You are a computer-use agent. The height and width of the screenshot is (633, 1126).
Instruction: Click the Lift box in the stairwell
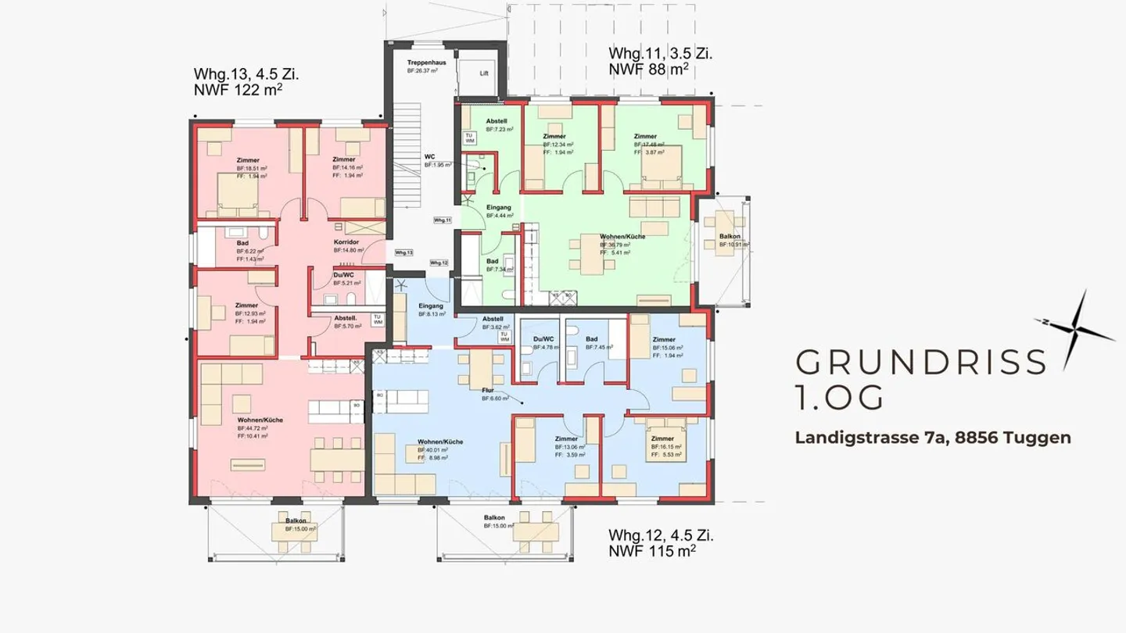pos(484,73)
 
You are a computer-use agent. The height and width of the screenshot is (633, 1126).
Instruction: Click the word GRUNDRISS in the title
pos(920,363)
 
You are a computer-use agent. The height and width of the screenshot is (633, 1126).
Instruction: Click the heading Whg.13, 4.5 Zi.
pos(246,75)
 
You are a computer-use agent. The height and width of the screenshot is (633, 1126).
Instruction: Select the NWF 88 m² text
pos(648,70)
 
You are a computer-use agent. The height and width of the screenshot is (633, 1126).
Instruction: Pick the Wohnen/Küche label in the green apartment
pos(622,236)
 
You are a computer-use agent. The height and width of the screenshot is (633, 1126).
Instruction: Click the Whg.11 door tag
pos(443,220)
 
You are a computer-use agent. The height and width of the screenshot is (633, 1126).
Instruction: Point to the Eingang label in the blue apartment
pos(431,306)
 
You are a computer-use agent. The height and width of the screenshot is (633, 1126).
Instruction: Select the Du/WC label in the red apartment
pos(344,275)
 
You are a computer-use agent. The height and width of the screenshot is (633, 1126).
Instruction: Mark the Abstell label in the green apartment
pos(497,122)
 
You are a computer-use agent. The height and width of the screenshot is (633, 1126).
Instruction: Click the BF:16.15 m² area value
pos(667,447)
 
